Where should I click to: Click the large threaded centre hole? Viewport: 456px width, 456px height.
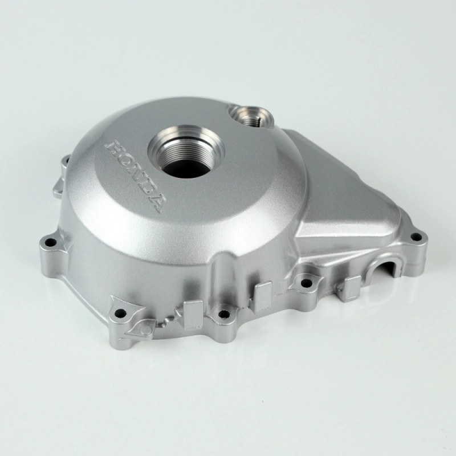click(x=186, y=153)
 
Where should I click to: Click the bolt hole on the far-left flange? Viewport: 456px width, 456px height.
click(x=52, y=241)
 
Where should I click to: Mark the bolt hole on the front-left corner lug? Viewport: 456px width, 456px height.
click(x=120, y=313)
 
